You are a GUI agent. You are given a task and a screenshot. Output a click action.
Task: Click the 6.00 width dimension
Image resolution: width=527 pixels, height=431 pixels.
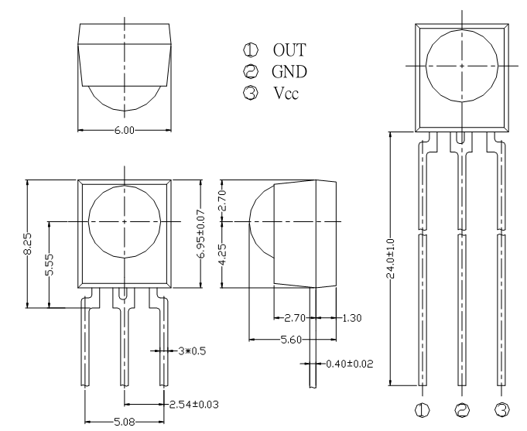coord(125,130)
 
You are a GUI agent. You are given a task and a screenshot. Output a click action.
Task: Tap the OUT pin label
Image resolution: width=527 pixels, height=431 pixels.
coord(289,50)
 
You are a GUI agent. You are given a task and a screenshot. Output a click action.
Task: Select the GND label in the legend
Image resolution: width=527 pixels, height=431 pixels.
coord(289,72)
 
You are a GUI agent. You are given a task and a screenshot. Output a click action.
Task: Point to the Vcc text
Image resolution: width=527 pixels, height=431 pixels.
coord(286,93)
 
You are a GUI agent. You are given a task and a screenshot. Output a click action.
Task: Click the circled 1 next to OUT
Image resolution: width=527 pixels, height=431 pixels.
coord(251,50)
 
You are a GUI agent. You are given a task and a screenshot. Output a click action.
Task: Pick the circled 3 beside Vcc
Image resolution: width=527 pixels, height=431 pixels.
coord(251,92)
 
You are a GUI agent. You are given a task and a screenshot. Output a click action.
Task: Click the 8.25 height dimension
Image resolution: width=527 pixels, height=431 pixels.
coord(28,244)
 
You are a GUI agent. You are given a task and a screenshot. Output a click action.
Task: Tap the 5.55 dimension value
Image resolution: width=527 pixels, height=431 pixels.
coord(49,264)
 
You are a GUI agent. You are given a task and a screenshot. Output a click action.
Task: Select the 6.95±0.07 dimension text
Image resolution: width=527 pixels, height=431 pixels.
coord(201,234)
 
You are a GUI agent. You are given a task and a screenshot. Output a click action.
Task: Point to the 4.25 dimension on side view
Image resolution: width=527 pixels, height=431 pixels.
coord(223,255)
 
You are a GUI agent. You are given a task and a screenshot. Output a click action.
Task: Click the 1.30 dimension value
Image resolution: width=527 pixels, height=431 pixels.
coord(352,318)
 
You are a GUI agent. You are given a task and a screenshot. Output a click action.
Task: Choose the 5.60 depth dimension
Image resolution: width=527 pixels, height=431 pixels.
coord(292,340)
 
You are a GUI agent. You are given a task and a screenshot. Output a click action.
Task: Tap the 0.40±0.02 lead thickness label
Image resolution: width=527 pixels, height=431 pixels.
coord(350,364)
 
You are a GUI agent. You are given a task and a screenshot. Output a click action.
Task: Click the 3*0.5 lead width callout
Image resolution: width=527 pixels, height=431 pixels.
coord(192,351)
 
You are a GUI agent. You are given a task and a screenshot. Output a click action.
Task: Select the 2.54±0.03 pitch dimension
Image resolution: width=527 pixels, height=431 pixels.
coord(193,404)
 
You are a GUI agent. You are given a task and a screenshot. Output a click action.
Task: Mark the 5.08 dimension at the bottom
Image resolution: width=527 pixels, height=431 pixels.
coord(125,422)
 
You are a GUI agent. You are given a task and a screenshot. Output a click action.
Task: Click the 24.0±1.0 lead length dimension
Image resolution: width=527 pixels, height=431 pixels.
coord(391,259)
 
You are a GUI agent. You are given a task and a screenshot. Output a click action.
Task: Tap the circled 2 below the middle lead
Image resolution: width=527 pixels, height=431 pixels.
coord(462,410)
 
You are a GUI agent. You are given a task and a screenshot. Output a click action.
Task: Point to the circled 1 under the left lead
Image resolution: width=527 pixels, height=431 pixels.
coord(422,410)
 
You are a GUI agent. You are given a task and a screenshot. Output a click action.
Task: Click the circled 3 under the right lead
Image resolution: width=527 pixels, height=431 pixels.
coord(502,410)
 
